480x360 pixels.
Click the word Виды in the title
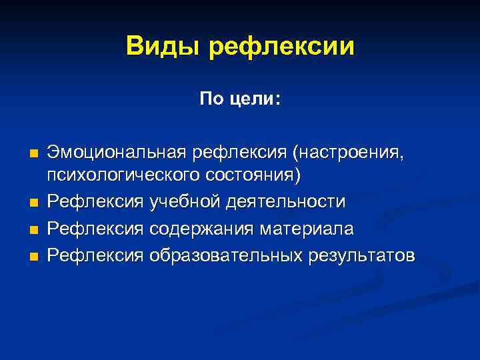(x=163, y=47)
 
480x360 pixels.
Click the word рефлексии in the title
(x=281, y=48)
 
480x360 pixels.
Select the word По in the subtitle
(x=209, y=99)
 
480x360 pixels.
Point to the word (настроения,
(x=347, y=155)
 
